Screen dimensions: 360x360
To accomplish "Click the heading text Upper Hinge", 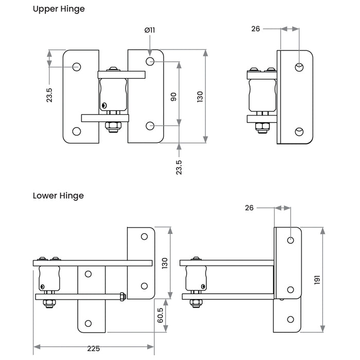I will (x=59, y=9).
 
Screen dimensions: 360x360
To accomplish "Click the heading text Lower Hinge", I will (x=58, y=195).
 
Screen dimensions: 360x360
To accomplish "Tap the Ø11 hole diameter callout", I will (x=149, y=30).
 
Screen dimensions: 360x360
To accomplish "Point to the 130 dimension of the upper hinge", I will (x=200, y=96).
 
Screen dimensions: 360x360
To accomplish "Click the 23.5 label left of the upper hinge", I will (x=49, y=95).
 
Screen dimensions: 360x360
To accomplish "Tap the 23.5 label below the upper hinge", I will (x=179, y=167).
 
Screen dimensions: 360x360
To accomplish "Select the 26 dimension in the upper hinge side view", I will (x=256, y=29).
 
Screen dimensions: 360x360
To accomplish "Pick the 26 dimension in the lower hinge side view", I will (x=250, y=208).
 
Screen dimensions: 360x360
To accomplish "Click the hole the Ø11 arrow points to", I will (x=150, y=62).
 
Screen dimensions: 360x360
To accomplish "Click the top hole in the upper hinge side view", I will (x=299, y=66).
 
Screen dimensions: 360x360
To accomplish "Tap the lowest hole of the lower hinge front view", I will (x=88, y=323).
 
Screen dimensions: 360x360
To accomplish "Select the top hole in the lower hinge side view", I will (x=291, y=240).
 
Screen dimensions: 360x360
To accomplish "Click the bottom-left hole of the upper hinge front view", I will (x=77, y=131).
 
